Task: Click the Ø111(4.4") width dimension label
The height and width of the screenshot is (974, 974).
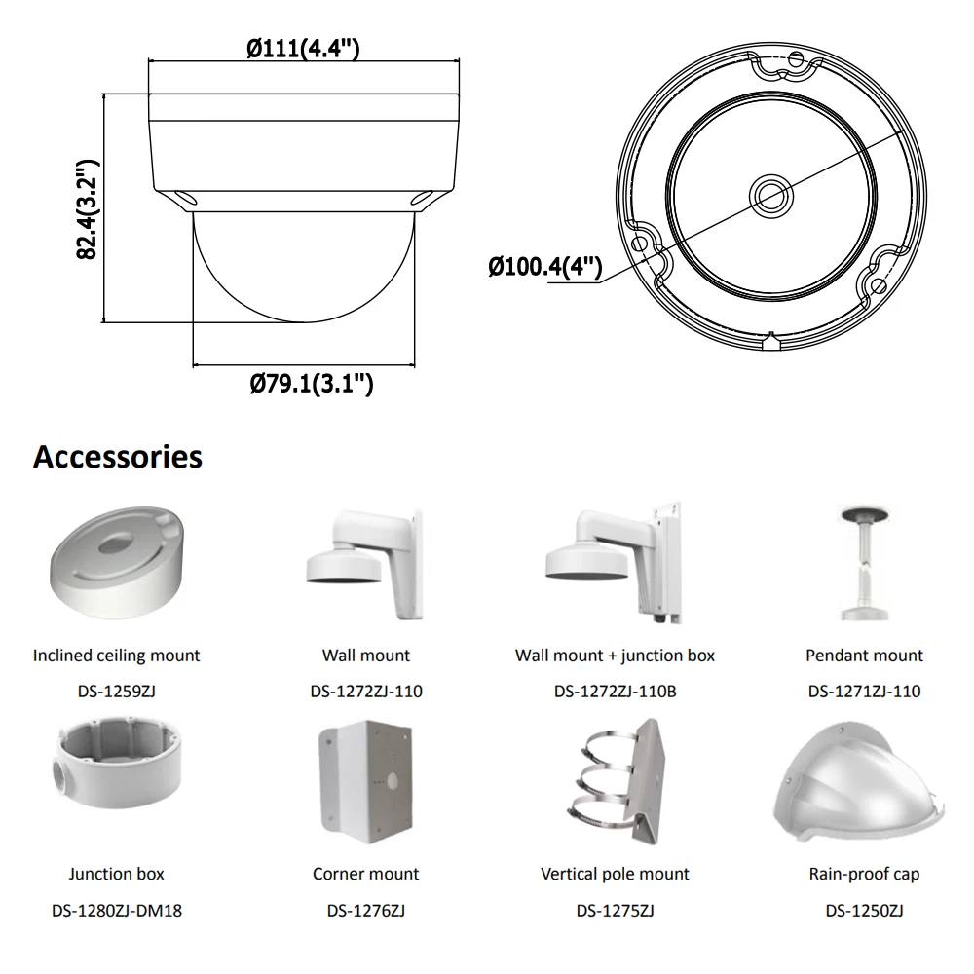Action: [x=303, y=48]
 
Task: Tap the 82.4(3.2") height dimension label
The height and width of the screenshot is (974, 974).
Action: [x=88, y=208]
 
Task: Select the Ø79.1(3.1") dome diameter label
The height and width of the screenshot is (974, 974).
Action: [x=311, y=384]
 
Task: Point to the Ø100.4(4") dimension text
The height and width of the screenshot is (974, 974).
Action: [x=544, y=266]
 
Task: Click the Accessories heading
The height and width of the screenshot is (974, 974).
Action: [x=118, y=456]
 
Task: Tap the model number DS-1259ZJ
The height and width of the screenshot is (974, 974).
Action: [x=117, y=692]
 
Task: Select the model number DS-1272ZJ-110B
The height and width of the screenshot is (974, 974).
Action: [x=615, y=692]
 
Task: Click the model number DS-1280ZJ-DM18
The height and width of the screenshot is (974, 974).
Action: [x=117, y=912]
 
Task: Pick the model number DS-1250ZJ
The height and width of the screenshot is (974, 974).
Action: [x=864, y=912]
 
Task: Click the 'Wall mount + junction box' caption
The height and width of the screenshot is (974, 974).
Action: [x=615, y=656]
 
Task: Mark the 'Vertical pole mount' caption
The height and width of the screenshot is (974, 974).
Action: [x=615, y=874]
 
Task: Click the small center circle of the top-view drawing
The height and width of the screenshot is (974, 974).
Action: [x=770, y=192]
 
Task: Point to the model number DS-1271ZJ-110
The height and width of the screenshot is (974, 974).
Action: [x=864, y=692]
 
